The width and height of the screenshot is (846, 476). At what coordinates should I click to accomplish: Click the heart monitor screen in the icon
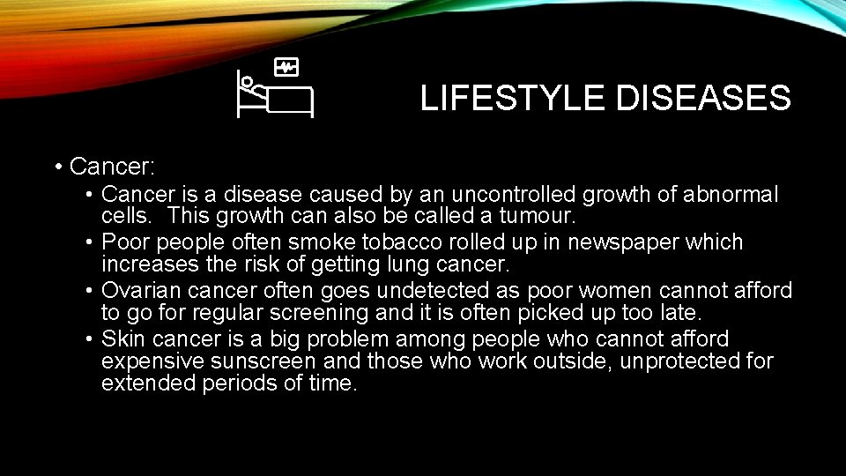[286, 67]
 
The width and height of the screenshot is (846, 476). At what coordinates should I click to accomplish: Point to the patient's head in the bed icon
[248, 82]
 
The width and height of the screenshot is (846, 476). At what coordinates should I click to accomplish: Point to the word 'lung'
[427, 264]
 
